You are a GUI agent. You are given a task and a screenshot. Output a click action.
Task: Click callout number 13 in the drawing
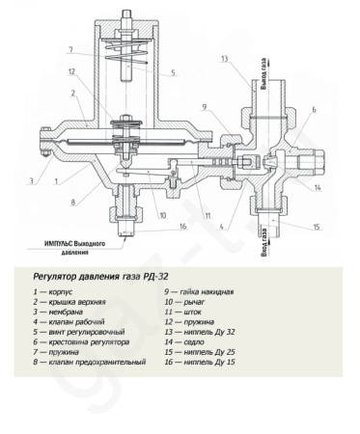(x=224, y=59)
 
